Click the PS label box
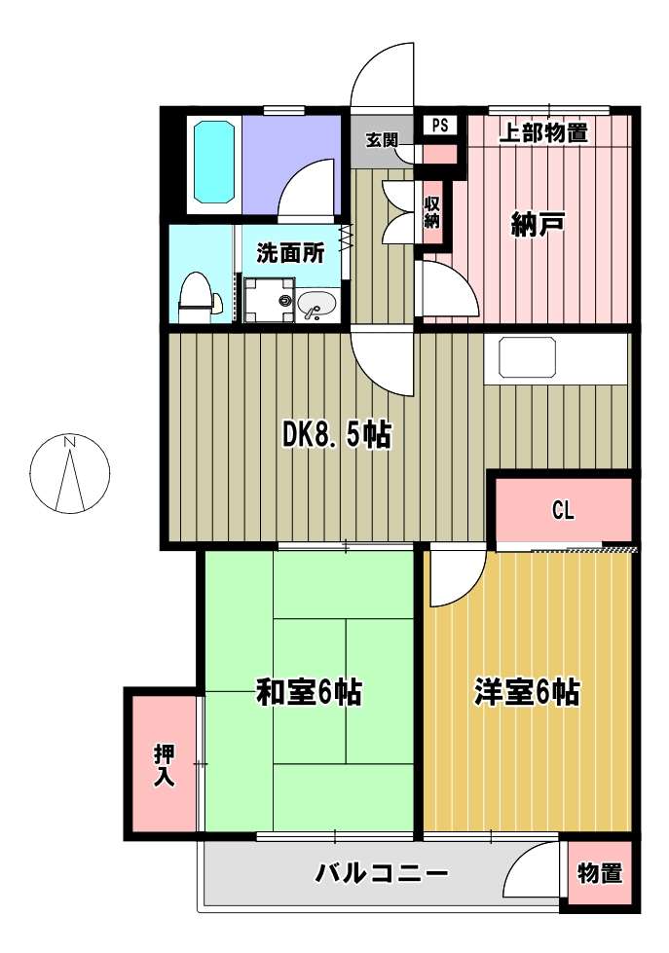[x=440, y=126]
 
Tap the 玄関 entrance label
[x=382, y=140]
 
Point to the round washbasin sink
[x=316, y=303]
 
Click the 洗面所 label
[x=291, y=253]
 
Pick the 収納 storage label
[x=431, y=212]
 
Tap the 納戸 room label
[x=539, y=225]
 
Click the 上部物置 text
[x=543, y=133]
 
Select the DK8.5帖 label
[x=337, y=434]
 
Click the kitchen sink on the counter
[x=527, y=358]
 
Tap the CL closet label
[x=563, y=510]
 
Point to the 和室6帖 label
[x=309, y=692]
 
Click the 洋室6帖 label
[x=527, y=692]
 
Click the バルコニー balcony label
[x=382, y=874]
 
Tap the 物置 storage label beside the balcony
[x=600, y=873]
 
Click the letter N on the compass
[x=70, y=442]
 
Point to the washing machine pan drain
[x=284, y=300]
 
